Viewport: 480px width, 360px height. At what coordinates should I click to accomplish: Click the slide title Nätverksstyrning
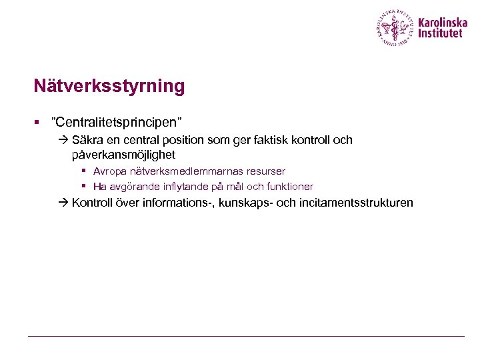tap(109, 87)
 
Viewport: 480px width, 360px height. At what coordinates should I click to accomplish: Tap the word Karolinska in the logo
tap(443, 21)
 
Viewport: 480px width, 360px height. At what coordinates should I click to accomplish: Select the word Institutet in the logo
tap(440, 33)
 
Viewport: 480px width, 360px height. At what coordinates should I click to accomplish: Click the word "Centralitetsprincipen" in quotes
tap(117, 122)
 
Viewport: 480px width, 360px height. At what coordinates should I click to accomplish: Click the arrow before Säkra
tap(63, 141)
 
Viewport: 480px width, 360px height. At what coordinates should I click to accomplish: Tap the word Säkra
tap(87, 140)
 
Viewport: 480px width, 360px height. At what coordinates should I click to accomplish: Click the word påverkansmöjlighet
tap(123, 155)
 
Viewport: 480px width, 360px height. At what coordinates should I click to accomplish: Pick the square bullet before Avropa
tap(85, 171)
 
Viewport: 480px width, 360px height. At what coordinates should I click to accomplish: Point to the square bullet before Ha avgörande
tap(85, 187)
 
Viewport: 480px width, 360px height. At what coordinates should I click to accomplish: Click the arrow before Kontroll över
tap(63, 203)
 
